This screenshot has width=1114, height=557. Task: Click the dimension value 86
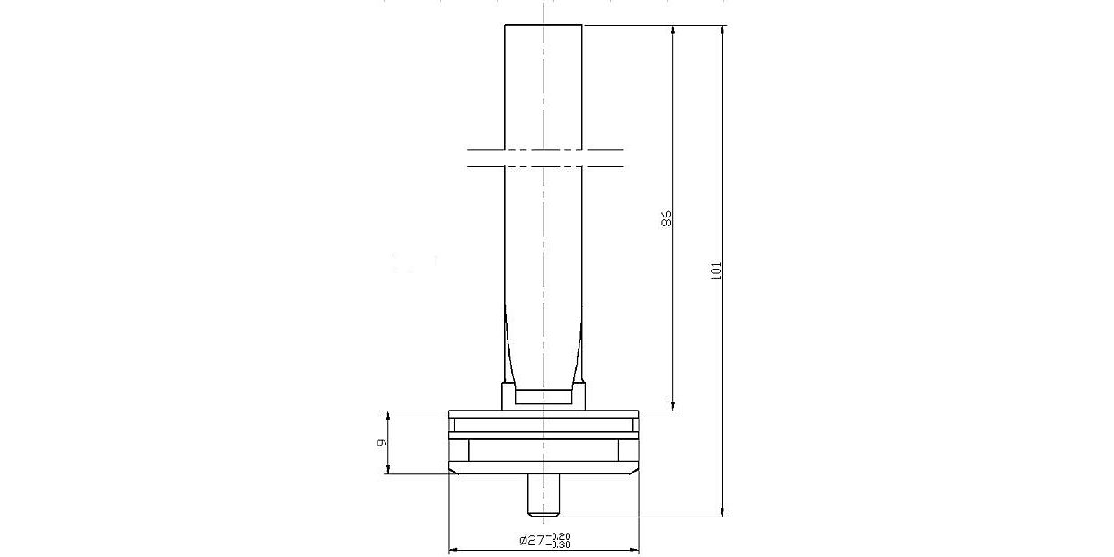tap(667, 218)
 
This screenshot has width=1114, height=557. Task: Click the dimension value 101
tap(716, 270)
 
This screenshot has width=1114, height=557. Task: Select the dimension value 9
tap(380, 442)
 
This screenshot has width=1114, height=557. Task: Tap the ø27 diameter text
tap(533, 540)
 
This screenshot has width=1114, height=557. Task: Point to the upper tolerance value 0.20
tap(561, 536)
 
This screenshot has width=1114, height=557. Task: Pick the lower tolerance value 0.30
tap(560, 544)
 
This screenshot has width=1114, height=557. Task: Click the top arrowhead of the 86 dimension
tap(674, 30)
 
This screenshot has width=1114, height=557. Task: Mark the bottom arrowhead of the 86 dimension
tap(674, 406)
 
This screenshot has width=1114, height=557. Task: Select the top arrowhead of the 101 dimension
tap(723, 30)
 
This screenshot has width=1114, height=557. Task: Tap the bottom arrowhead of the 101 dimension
tap(723, 512)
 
